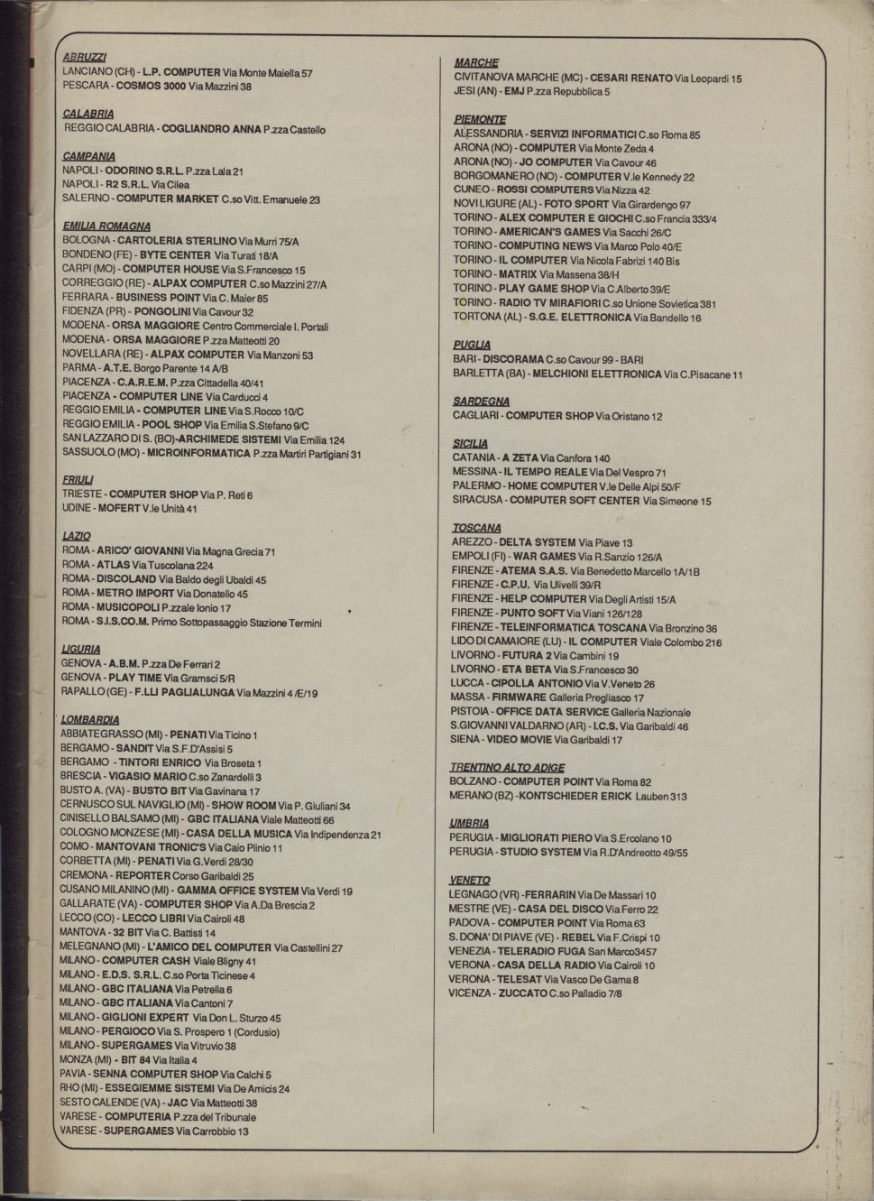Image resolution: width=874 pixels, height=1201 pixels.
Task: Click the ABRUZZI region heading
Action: point(85,57)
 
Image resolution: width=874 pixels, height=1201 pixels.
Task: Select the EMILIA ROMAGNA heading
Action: point(106,226)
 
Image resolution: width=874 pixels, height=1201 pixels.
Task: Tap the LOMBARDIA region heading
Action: point(90,720)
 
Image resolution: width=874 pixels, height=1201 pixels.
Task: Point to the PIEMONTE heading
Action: point(480,119)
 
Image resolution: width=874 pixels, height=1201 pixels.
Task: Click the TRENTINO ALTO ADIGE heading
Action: point(502,768)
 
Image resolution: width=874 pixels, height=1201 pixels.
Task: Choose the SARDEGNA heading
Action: point(481,402)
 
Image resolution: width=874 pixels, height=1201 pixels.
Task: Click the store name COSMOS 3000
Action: point(152,87)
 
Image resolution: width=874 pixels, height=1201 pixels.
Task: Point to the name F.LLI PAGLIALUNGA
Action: point(183,693)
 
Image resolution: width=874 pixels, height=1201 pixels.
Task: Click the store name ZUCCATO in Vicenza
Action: point(521,993)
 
